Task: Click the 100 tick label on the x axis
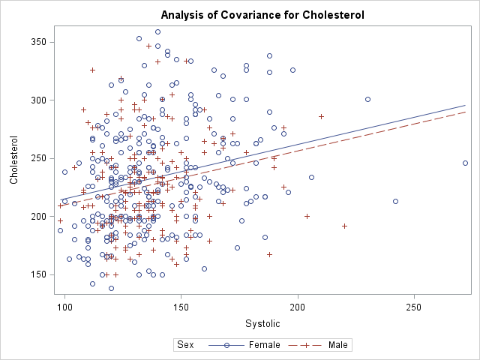65,308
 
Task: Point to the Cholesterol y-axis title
13,160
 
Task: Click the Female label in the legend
265,345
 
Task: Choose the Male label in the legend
338,345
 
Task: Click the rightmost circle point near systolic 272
465,163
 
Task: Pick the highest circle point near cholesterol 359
157,31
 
